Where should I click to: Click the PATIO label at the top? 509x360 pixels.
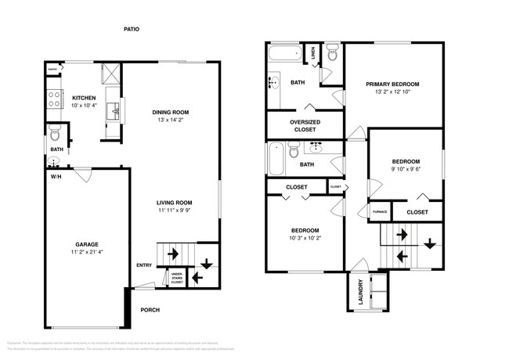(132, 29)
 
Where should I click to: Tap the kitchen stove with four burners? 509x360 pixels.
(56, 99)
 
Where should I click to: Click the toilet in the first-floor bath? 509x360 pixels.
(54, 130)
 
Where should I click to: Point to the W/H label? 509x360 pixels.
(56, 176)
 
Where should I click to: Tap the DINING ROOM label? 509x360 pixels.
(170, 112)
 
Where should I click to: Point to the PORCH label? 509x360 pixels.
(150, 310)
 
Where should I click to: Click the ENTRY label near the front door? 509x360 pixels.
(144, 265)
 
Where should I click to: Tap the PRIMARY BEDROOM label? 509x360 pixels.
(392, 84)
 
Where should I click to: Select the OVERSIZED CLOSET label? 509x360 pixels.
(304, 126)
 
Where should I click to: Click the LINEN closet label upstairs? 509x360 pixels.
(312, 54)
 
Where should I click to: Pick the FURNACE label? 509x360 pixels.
(379, 211)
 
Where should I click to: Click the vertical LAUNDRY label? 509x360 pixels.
(360, 291)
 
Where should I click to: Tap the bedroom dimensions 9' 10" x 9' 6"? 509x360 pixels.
(406, 170)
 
